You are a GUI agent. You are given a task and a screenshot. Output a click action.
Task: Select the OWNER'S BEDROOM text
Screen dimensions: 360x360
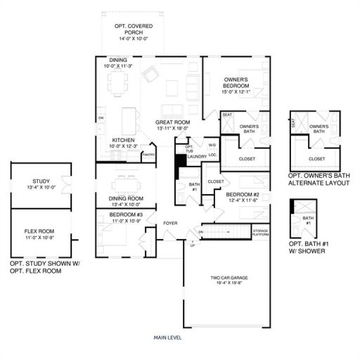click(x=236, y=83)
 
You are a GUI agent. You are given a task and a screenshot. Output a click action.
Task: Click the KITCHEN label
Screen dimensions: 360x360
click(x=123, y=140)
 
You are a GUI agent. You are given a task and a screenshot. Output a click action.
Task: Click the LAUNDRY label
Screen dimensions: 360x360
click(x=196, y=157)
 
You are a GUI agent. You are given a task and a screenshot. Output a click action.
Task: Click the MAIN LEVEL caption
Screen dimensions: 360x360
click(x=168, y=338)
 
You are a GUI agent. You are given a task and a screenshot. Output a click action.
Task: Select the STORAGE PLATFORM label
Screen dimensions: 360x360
click(x=261, y=233)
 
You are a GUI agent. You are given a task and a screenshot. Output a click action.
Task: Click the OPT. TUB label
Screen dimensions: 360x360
click(x=188, y=148)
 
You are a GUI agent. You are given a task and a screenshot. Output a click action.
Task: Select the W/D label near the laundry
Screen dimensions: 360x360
click(x=211, y=146)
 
